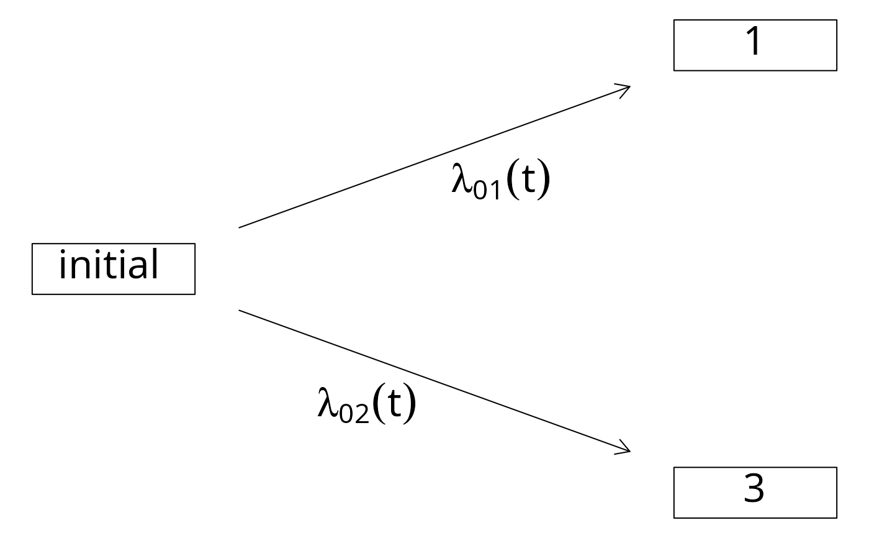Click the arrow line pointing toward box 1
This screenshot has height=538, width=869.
click(x=434, y=157)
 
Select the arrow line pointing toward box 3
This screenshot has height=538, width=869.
click(x=434, y=381)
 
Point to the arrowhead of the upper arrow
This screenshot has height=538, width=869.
click(x=629, y=86)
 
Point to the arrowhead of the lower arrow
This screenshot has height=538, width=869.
click(x=629, y=451)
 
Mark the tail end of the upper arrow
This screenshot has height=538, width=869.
click(x=239, y=227)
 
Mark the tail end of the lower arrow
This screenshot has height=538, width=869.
click(x=239, y=310)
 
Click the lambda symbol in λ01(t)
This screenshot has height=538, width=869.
click(x=462, y=178)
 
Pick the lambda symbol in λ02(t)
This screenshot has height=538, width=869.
click(x=328, y=401)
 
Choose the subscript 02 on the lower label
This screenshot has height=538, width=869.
click(x=354, y=414)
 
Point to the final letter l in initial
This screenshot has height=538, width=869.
click(x=155, y=263)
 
